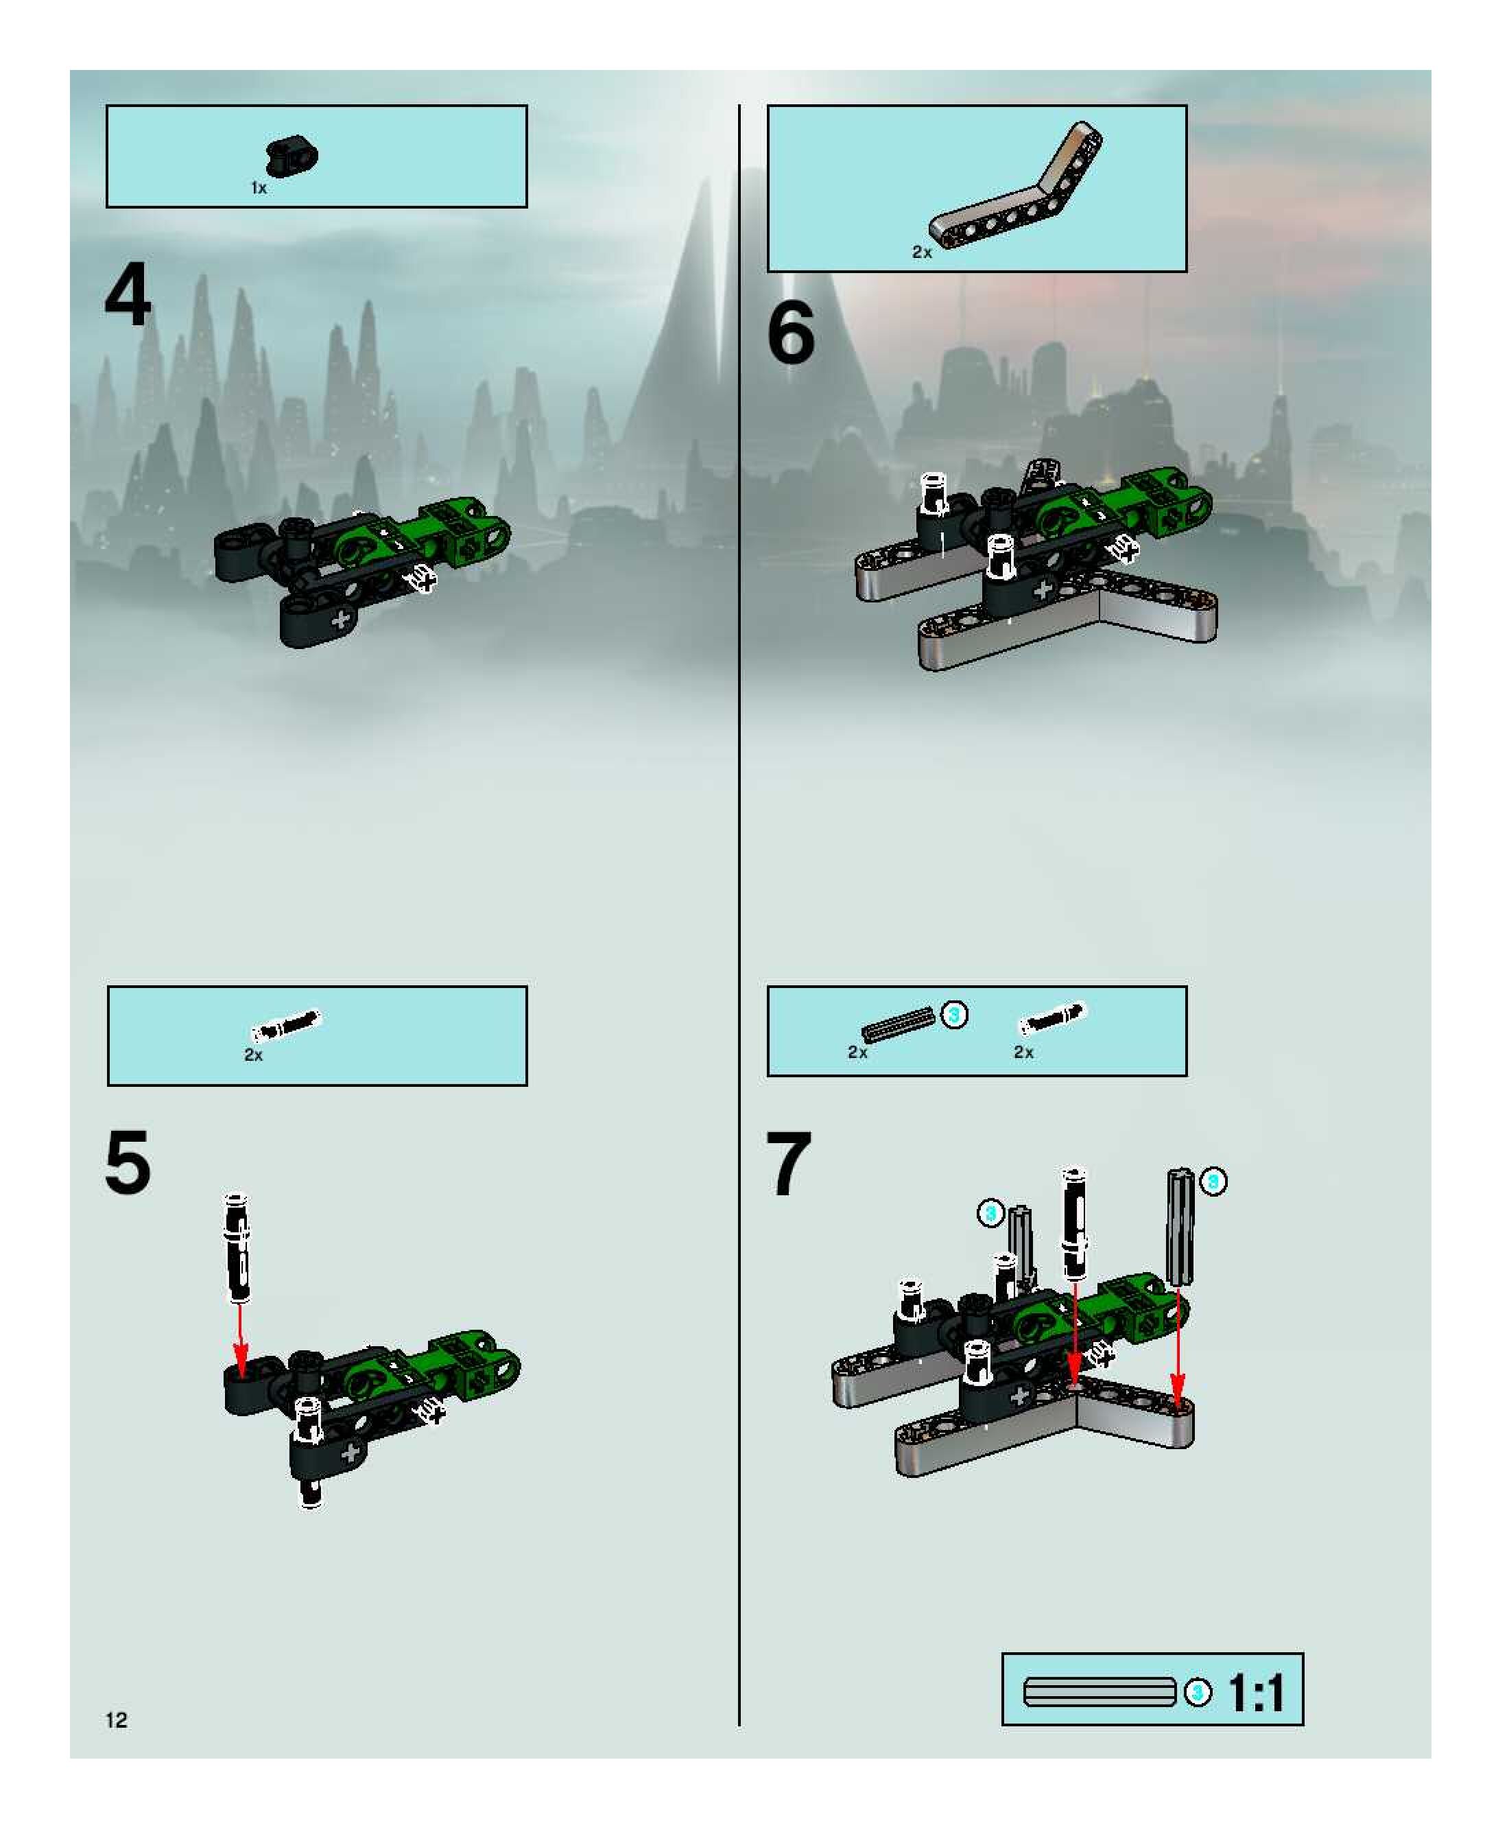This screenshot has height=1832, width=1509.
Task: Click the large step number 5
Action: (128, 1162)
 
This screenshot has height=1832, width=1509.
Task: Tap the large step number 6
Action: (791, 332)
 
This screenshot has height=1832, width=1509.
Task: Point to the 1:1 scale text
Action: (1256, 1692)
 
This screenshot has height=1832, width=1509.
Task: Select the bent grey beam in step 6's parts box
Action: (1015, 183)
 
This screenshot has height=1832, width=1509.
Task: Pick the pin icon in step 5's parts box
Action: (286, 1025)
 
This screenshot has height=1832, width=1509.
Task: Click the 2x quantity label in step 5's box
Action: (254, 1055)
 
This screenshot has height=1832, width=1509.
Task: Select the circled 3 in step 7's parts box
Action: (954, 1015)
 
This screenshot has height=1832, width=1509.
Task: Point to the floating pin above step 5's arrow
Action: (237, 1247)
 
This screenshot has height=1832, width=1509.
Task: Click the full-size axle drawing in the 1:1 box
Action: (1099, 1692)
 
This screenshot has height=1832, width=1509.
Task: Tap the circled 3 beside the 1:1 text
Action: (1198, 1692)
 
